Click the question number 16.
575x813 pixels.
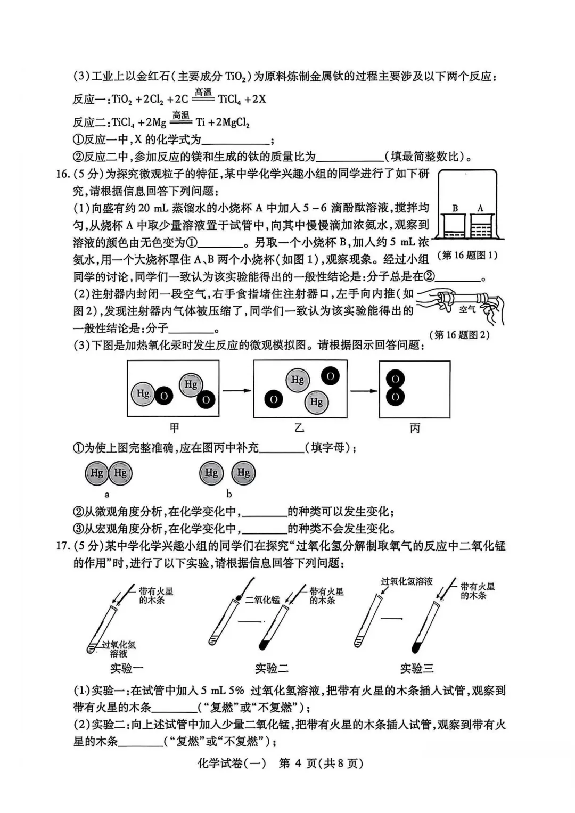coord(62,174)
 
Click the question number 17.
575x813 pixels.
coord(62,546)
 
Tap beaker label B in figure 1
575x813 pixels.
coord(455,209)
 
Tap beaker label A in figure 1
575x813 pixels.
coord(480,209)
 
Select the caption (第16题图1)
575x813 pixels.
coord(467,256)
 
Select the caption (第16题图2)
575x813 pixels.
coord(459,335)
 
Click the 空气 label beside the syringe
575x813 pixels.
coord(467,309)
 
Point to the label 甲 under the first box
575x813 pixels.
coord(174,428)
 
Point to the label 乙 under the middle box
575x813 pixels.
coord(300,428)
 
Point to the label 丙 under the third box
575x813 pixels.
coord(415,428)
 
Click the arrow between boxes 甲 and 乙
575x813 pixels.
coord(236,391)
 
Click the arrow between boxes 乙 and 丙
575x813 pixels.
coord(363,391)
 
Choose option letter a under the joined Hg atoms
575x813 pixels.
coord(107,494)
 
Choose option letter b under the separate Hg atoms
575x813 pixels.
coord(229,494)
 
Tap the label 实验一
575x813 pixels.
coord(126,668)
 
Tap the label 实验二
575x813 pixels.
coord(271,668)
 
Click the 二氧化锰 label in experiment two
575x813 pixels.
coord(262,600)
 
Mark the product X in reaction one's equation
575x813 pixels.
coord(261,99)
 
